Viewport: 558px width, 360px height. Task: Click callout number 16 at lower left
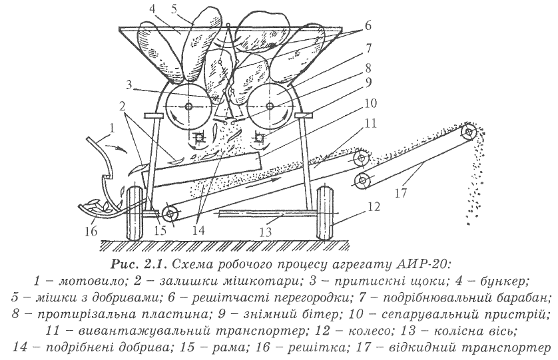click(90, 232)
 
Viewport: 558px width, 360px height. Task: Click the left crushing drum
click(188, 105)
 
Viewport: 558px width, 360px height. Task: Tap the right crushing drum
click(272, 105)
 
